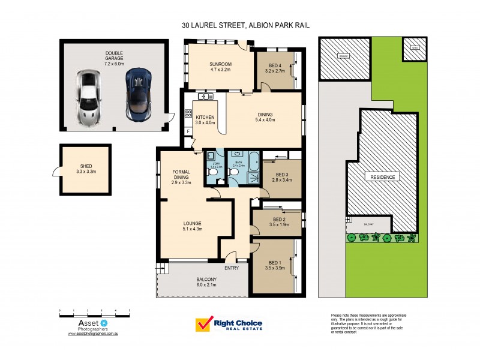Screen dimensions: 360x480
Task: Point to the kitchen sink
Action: point(204,97)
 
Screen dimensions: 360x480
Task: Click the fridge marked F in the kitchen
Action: point(188,131)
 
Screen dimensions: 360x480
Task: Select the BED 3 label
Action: point(281,176)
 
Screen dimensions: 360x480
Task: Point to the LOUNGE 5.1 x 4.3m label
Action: point(192,226)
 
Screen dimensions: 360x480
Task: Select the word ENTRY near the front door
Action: point(232,268)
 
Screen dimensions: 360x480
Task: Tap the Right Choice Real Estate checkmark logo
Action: point(203,325)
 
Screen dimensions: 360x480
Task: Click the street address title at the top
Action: point(249,26)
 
